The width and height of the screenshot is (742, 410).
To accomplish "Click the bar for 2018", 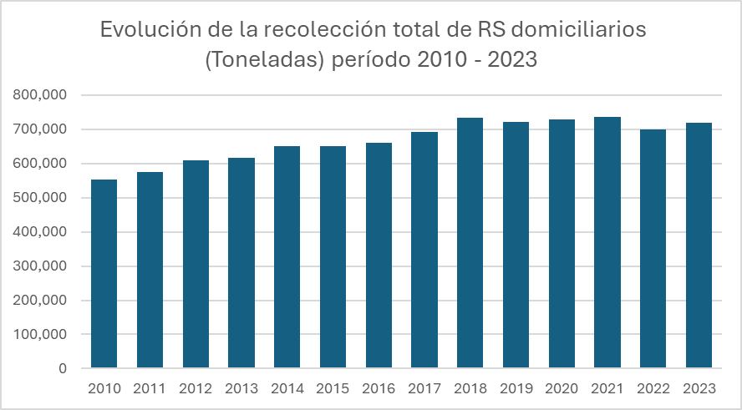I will pos(470,243).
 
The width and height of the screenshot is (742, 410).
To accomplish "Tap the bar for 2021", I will pos(607,242).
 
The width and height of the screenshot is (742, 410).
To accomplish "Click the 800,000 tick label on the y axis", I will pos(39,95).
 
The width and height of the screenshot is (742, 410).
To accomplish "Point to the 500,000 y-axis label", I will pos(39,198).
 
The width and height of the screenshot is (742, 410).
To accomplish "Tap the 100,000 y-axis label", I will pos(39,334).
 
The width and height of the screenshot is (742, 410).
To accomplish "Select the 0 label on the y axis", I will pos(63,368).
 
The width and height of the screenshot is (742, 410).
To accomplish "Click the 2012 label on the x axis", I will pos(196,388).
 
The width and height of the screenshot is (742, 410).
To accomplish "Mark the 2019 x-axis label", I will pos(516,388).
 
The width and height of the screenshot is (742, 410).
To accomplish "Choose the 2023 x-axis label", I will pos(699,388).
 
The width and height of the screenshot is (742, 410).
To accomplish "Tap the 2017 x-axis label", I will pos(424,388).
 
